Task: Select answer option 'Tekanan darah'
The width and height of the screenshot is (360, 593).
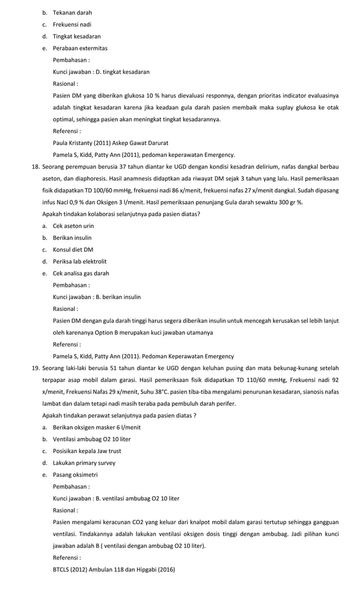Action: point(72,12)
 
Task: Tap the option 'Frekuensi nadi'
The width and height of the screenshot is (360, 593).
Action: point(72,24)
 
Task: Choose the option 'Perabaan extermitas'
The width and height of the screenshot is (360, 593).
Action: point(80,48)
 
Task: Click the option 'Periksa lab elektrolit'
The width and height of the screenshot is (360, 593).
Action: point(80,261)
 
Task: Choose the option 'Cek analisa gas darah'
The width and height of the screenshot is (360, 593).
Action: point(81,273)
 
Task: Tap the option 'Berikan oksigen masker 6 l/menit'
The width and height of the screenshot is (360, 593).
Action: point(96,427)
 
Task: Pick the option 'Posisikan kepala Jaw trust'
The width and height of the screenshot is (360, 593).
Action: point(87,451)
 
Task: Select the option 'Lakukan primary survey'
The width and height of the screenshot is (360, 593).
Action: point(84,463)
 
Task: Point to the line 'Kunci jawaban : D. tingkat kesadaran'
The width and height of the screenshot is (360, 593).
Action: point(101,72)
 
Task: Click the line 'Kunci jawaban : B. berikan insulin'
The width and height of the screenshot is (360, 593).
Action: point(96,297)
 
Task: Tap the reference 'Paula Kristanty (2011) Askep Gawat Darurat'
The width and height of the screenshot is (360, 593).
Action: point(110,143)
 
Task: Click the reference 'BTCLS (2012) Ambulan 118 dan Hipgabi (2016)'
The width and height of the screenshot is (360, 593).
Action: point(113,569)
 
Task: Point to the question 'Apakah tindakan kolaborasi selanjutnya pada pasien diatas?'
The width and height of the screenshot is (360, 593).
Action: point(121,214)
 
